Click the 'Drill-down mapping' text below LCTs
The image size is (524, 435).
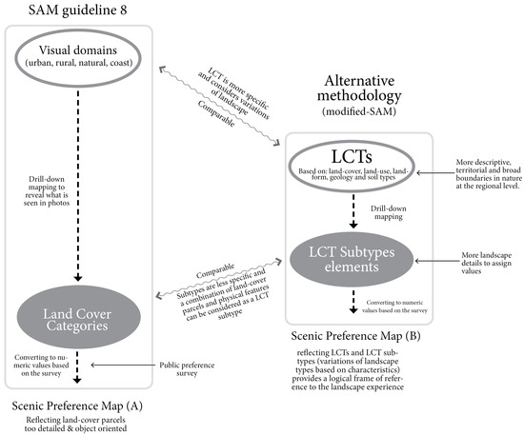click(x=386, y=212)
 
